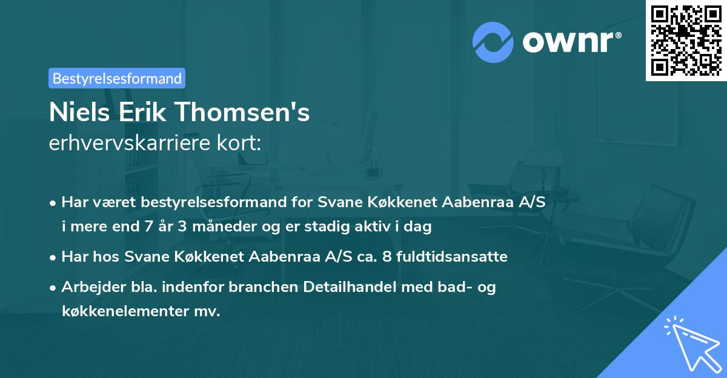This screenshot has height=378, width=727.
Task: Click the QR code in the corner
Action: click(686, 40)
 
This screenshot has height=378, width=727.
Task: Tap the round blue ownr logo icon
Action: click(493, 42)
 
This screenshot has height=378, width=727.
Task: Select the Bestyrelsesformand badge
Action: click(117, 78)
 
